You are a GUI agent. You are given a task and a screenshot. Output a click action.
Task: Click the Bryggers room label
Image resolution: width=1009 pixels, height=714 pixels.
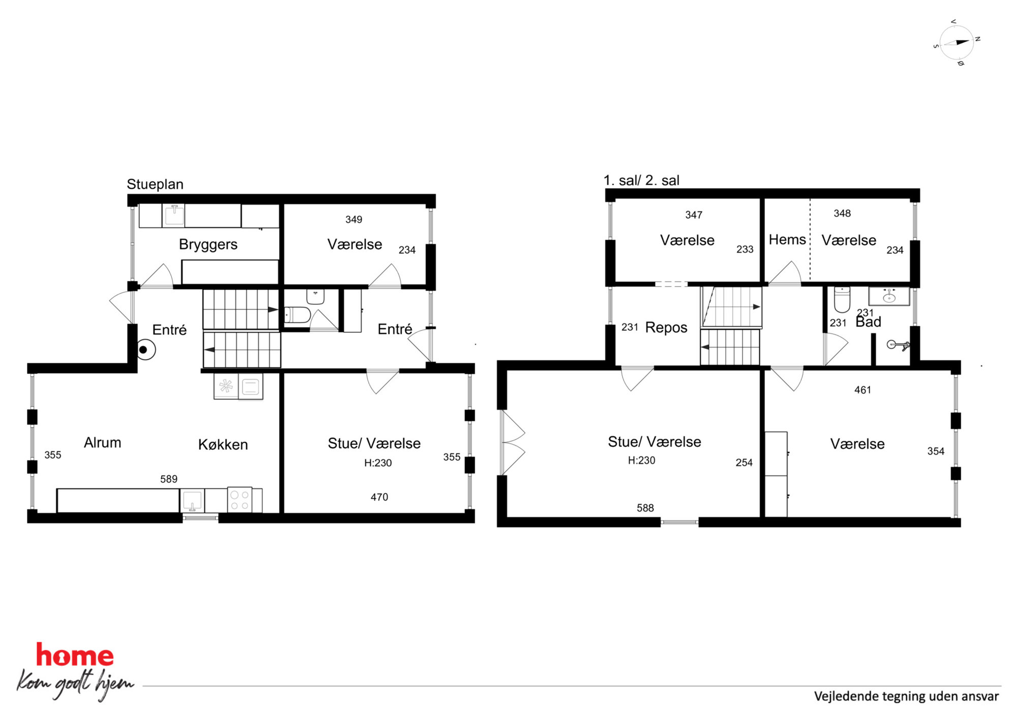[x=208, y=245]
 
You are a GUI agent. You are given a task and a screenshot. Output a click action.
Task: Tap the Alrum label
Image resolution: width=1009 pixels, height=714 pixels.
[x=102, y=443]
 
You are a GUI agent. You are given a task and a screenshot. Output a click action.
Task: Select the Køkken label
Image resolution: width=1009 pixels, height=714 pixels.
[x=223, y=445]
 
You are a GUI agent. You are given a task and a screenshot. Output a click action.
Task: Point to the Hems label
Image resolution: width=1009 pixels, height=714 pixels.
[x=787, y=240]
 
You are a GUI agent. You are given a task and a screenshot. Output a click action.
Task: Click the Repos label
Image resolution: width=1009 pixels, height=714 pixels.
[x=666, y=328]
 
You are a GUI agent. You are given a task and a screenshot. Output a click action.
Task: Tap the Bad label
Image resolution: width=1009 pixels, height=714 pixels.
[x=868, y=322]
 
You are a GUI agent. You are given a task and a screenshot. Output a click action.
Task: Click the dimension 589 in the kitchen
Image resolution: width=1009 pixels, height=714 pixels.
[x=169, y=479]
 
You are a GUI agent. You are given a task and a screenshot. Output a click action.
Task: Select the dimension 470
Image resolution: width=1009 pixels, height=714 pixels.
[x=379, y=497]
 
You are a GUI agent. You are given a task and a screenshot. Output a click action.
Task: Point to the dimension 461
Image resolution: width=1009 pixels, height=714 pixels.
[x=863, y=390]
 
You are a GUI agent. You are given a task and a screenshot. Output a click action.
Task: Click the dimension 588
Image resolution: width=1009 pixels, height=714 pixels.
[x=645, y=508]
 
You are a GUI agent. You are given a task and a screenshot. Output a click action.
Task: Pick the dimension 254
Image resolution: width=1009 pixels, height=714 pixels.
[x=744, y=463]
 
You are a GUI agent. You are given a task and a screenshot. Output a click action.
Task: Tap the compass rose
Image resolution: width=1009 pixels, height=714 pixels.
[x=957, y=43]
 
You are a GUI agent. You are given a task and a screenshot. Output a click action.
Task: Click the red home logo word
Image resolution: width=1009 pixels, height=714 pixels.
[x=75, y=655]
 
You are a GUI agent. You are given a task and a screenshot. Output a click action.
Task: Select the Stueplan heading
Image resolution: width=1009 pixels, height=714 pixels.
[x=155, y=184]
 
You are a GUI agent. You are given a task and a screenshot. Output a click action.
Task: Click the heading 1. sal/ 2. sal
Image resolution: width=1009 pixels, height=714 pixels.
[x=641, y=181]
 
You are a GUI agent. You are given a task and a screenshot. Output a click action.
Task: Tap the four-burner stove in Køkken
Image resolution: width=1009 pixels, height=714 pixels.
[x=240, y=500]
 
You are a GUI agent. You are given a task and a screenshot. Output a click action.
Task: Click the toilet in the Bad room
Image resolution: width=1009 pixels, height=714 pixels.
[x=842, y=300]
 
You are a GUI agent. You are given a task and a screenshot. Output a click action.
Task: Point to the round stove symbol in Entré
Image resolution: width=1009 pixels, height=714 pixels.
[x=144, y=350]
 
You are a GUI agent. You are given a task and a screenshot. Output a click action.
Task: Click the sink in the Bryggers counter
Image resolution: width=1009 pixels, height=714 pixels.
[x=173, y=215]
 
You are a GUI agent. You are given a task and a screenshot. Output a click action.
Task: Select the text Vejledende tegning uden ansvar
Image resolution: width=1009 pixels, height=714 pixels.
[x=906, y=696]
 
